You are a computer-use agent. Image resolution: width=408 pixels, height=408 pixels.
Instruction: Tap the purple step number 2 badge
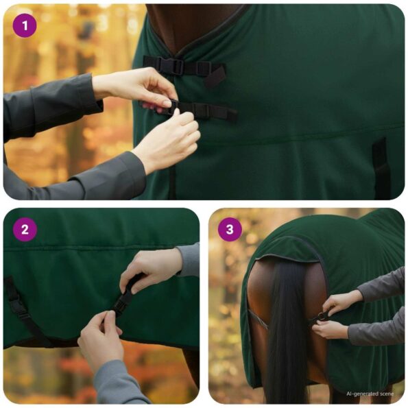click(25, 230)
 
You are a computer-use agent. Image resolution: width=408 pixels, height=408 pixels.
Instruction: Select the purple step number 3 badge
click(230, 230)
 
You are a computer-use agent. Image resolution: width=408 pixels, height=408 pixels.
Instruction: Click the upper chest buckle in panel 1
click(176, 67)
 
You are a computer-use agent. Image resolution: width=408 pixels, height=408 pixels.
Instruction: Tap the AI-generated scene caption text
click(370, 394)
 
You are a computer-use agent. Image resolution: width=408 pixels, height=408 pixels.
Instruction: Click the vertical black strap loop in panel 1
click(381, 168)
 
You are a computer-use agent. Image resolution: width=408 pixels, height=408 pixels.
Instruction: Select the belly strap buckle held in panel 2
click(124, 302)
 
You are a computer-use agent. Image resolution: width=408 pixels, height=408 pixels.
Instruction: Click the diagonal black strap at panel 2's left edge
click(21, 309)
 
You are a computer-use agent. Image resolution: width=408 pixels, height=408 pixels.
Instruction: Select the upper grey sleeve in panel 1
click(48, 103)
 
